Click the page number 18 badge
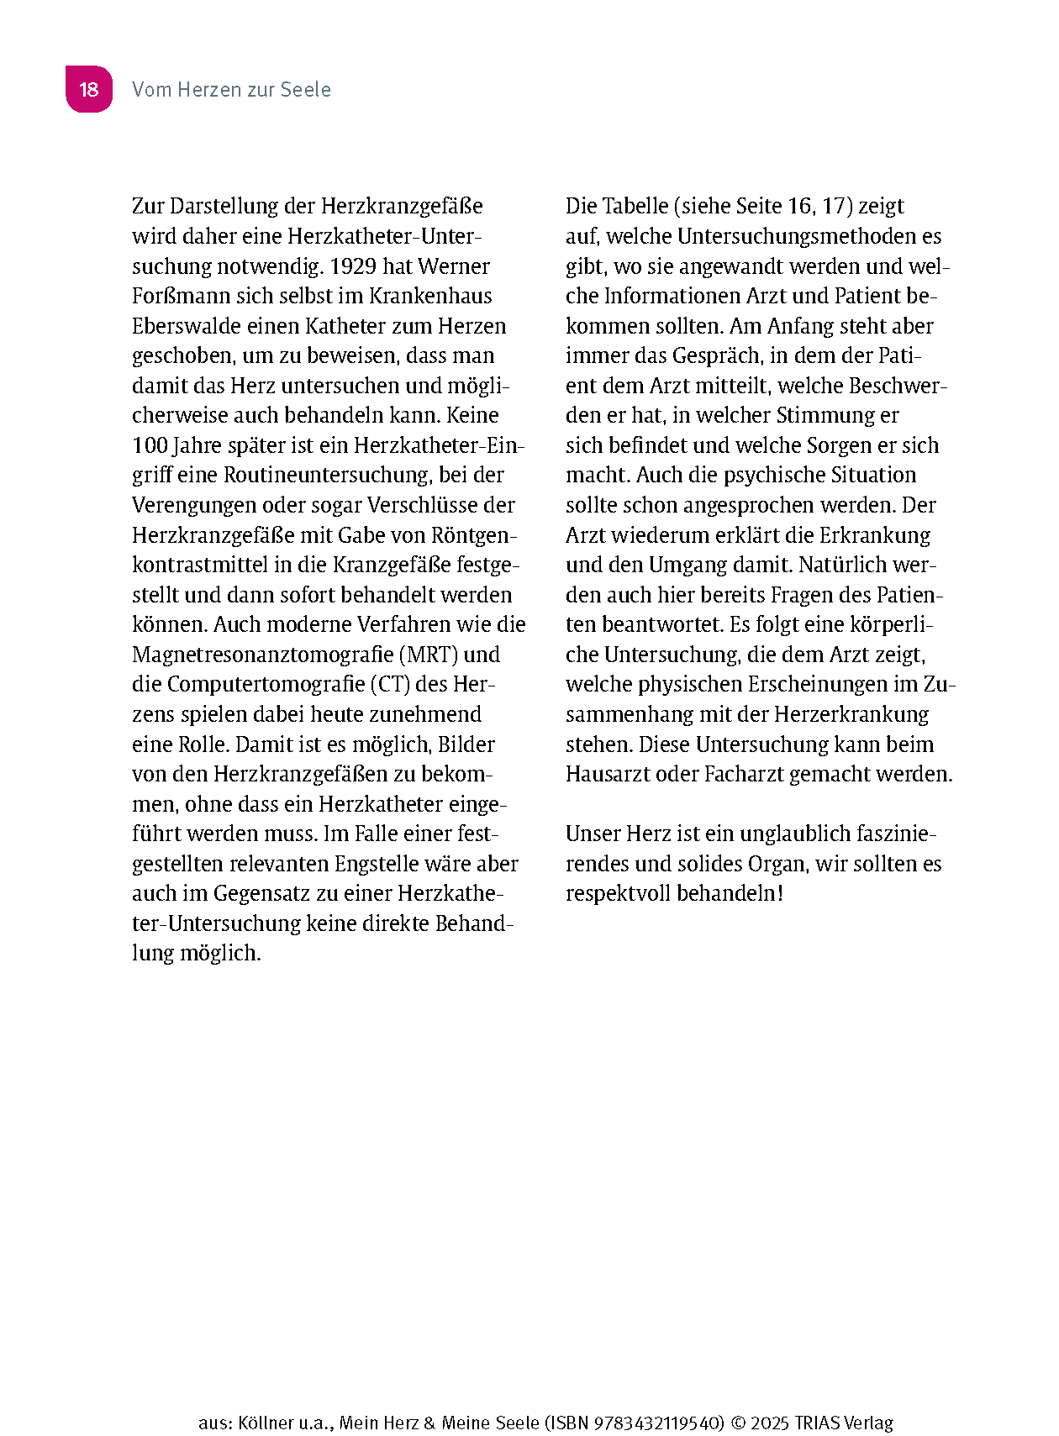pyautogui.click(x=89, y=89)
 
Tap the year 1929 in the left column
pyautogui.click(x=353, y=266)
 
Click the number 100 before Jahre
pyautogui.click(x=150, y=445)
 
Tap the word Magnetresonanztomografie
pyautogui.click(x=262, y=655)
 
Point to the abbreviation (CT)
pyautogui.click(x=389, y=684)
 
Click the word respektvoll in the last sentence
pyautogui.click(x=618, y=893)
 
